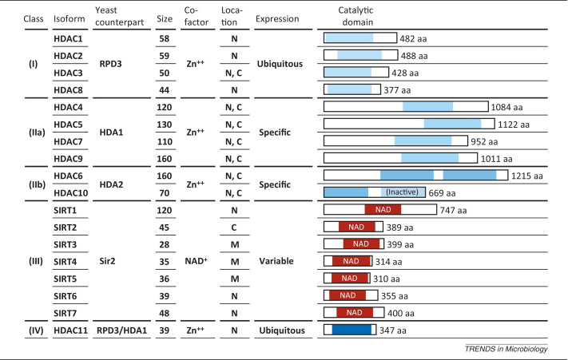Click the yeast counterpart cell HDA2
108,183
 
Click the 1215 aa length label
526,175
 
